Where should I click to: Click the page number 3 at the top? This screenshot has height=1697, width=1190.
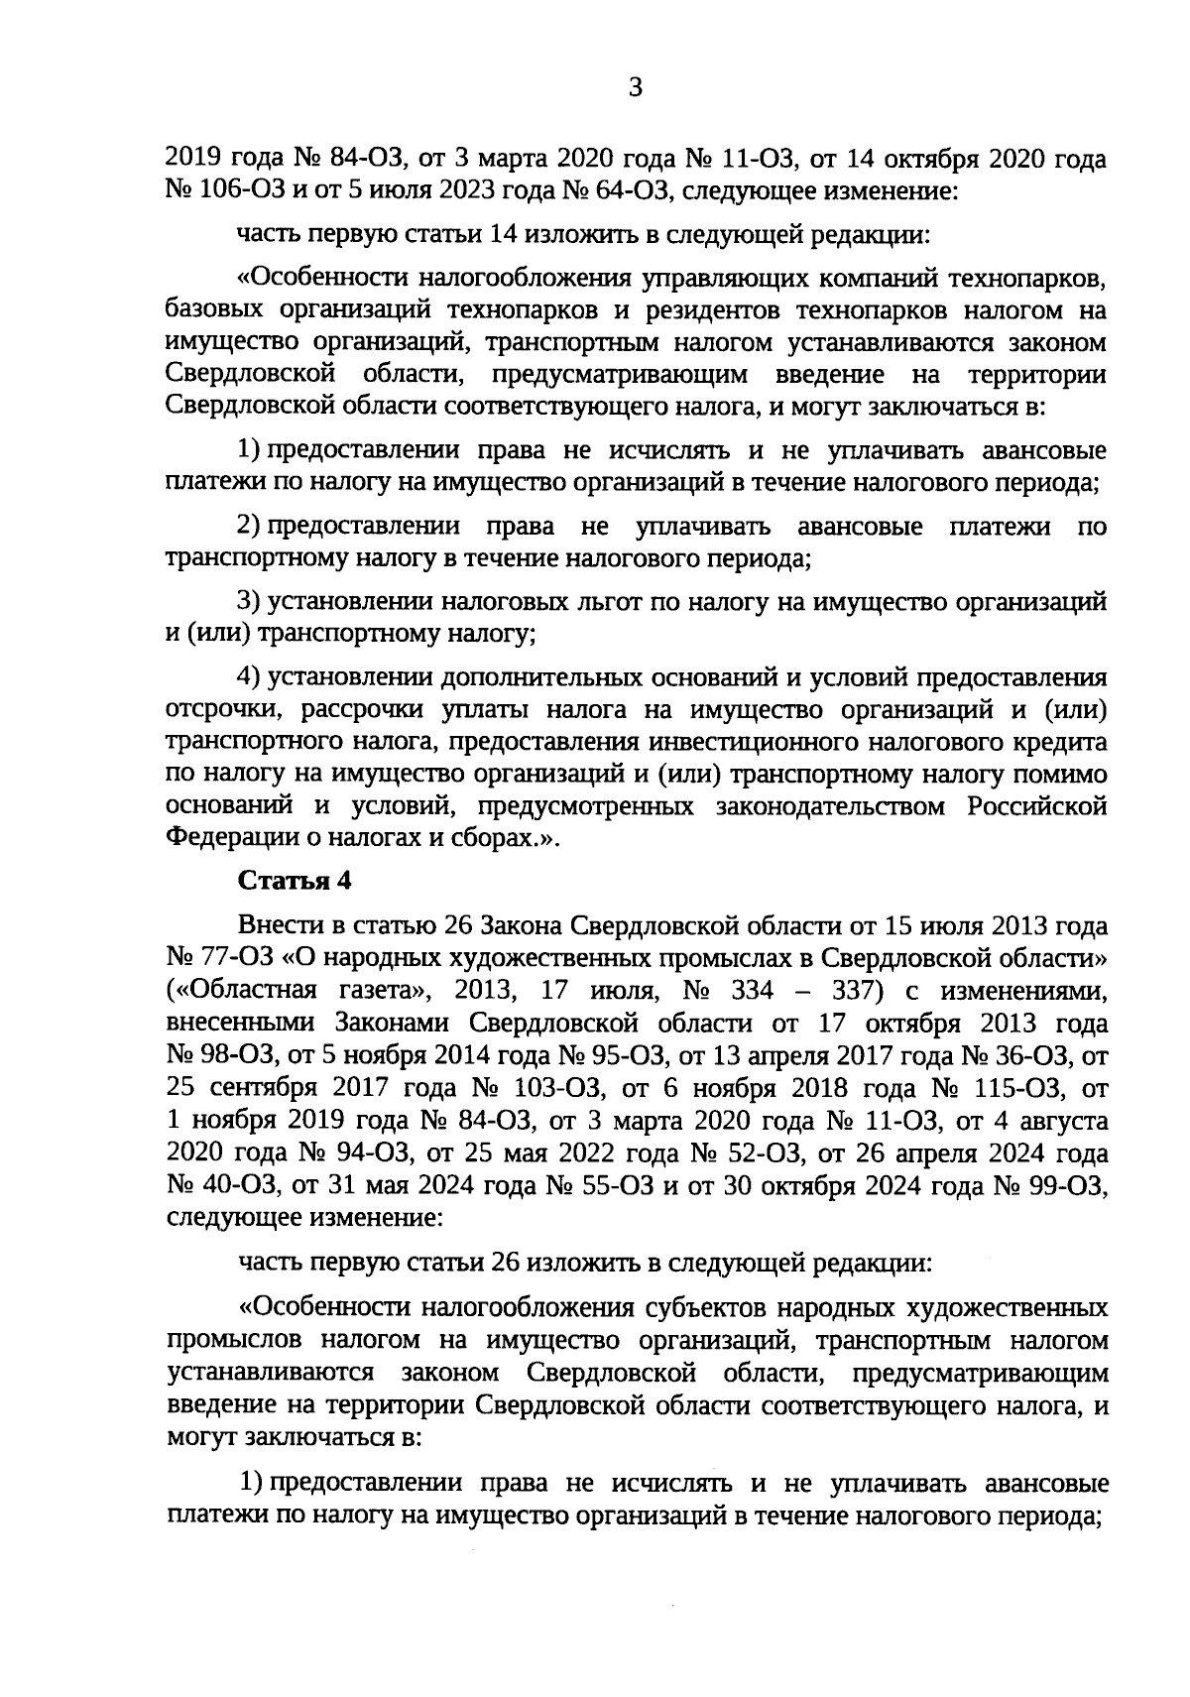tap(636, 88)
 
